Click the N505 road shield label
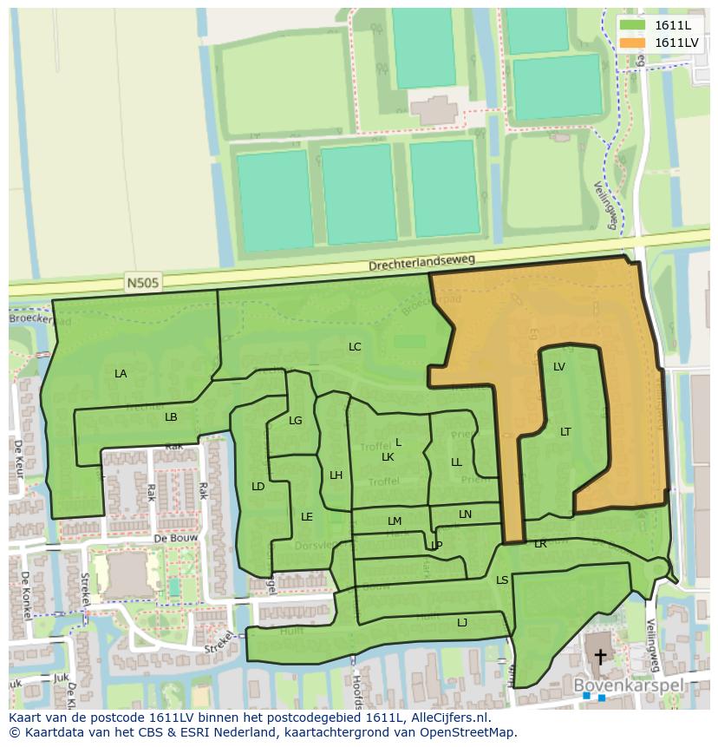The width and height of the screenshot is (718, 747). tap(143, 282)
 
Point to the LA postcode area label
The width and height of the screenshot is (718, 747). tap(121, 374)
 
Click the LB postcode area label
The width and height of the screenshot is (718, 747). tap(171, 417)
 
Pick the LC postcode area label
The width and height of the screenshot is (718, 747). tap(355, 347)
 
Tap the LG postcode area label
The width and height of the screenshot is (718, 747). tap(296, 421)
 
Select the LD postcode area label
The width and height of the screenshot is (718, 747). tap(258, 487)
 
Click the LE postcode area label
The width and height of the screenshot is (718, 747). tap(307, 517)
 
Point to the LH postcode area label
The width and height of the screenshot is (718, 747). tap(336, 475)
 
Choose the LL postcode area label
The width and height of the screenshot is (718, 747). tap(456, 462)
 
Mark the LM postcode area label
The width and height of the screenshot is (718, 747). tap(395, 521)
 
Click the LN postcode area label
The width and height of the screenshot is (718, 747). tap(466, 514)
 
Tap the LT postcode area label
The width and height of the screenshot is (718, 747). tap(565, 432)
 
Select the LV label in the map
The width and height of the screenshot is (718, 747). tap(559, 367)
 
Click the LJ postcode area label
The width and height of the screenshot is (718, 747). tap(462, 622)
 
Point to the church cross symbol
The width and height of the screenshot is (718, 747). tap(598, 657)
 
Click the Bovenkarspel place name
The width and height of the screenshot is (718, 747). tap(629, 685)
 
